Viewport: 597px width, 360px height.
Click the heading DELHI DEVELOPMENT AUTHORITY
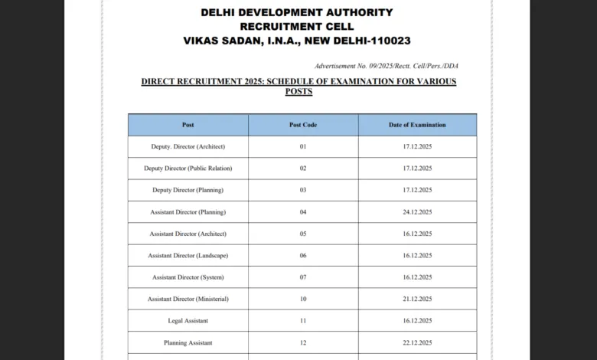[297, 12]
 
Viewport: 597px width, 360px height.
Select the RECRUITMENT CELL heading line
[297, 26]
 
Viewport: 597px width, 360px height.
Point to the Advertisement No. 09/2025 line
[386, 66]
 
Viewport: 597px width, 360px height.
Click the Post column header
[188, 125]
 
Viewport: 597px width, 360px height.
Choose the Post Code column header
[303, 125]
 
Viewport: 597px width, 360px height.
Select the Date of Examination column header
[417, 125]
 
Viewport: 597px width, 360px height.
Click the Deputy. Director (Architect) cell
[188, 146]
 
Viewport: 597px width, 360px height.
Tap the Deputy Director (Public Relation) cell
[188, 168]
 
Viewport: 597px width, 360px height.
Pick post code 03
[303, 190]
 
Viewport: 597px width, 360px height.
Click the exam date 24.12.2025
[417, 212]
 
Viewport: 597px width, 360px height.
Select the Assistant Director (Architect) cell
[188, 234]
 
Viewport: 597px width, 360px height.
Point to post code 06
[303, 255]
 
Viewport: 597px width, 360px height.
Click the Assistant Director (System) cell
[188, 277]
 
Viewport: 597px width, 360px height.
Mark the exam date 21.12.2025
[417, 299]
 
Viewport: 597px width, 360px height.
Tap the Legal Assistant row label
[188, 321]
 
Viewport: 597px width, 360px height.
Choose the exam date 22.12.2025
[417, 342]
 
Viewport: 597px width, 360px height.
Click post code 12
[303, 342]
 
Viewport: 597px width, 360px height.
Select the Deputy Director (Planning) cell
[188, 190]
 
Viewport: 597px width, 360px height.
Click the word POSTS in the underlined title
[298, 91]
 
